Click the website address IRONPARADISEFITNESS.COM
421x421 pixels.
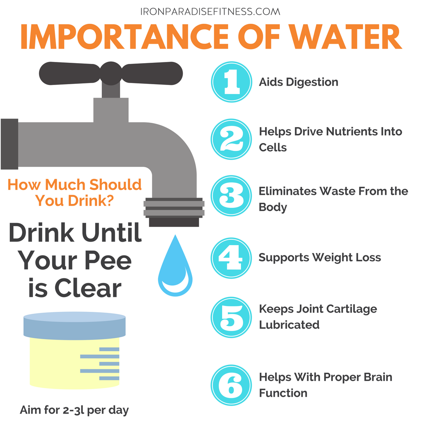tap(210, 12)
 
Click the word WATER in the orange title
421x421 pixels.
tap(345, 37)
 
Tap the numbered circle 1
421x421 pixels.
tap(232, 82)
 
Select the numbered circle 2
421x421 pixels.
tap(231, 139)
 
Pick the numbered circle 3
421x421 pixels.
tap(231, 195)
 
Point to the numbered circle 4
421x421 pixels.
tap(231, 258)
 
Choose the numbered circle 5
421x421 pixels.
tap(231, 317)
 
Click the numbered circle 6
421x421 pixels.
tap(231, 385)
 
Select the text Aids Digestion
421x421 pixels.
tap(299, 82)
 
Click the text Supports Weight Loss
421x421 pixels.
tap(320, 258)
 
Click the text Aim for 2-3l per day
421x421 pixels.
tap(74, 410)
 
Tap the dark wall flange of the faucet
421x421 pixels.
tap(9, 144)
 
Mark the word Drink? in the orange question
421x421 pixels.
tap(91, 201)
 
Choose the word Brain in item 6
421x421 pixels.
tap(378, 377)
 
